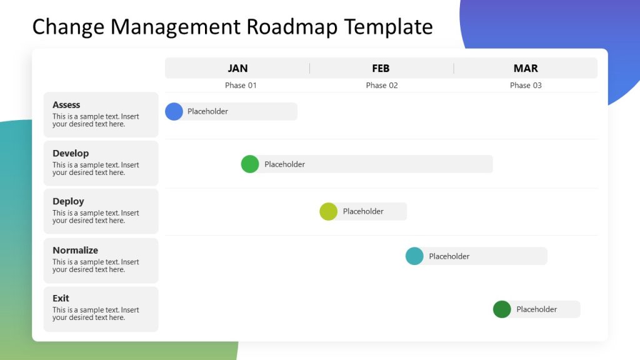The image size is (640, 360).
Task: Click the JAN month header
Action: pyautogui.click(x=237, y=68)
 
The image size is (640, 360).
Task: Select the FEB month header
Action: pyautogui.click(x=381, y=68)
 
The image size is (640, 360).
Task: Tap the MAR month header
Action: pyautogui.click(x=526, y=68)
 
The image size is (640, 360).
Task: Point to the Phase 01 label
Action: pyautogui.click(x=241, y=85)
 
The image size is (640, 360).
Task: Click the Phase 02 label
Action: pyautogui.click(x=382, y=85)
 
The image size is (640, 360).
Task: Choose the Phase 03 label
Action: pyautogui.click(x=526, y=85)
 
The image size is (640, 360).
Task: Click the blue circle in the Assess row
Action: pyautogui.click(x=174, y=111)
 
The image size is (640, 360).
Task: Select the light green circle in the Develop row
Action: pyautogui.click(x=250, y=164)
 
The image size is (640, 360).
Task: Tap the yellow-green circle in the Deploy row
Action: pyautogui.click(x=328, y=211)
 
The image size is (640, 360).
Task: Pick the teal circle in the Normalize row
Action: pyautogui.click(x=414, y=256)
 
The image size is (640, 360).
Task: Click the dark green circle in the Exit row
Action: pyautogui.click(x=502, y=309)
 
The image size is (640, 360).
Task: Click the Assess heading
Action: pyautogui.click(x=66, y=105)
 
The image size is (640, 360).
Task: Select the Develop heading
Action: pyautogui.click(x=71, y=153)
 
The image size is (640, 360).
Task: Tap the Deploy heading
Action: pyautogui.click(x=68, y=201)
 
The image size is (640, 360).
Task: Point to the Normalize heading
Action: pyautogui.click(x=75, y=250)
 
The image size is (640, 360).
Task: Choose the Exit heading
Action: pyautogui.click(x=61, y=298)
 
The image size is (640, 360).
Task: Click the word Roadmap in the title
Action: pyautogui.click(x=292, y=27)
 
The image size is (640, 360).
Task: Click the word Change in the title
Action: pyautogui.click(x=69, y=27)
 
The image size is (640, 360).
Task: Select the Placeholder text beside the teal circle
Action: pyautogui.click(x=449, y=256)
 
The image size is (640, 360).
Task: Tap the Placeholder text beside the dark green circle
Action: pyautogui.click(x=536, y=309)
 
